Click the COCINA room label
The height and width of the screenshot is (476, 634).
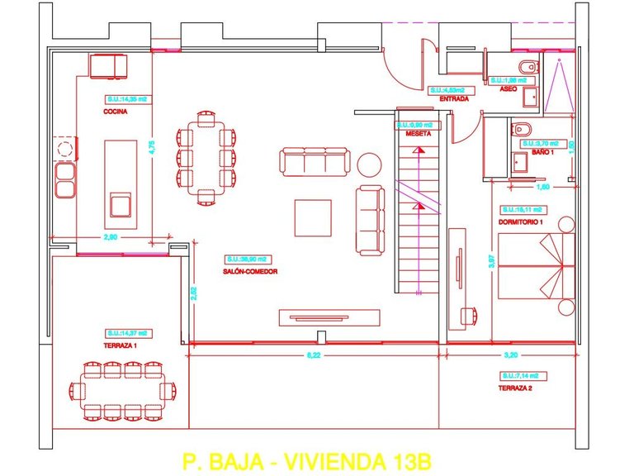tap(115, 113)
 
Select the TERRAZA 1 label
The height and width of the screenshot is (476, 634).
tap(121, 346)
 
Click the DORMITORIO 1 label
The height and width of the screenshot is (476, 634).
tap(521, 222)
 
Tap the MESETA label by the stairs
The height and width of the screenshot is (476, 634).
tap(419, 133)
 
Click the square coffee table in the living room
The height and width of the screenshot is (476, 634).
tap(313, 217)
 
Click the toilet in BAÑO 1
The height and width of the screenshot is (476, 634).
tap(522, 128)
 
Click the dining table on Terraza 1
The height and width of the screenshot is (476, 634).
tap(125, 390)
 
